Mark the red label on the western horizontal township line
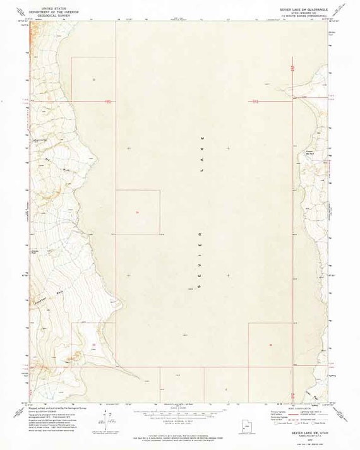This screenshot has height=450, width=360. (108, 100)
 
